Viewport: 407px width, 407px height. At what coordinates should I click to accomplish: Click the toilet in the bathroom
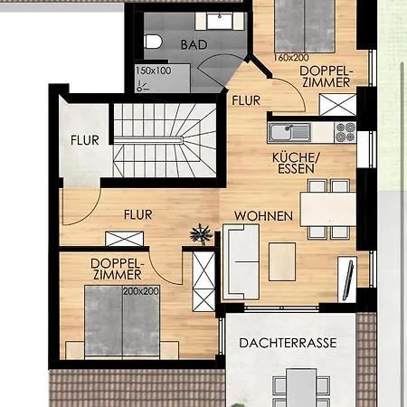click(x=153, y=42)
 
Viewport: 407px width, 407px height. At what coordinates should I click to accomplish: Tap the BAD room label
click(x=194, y=45)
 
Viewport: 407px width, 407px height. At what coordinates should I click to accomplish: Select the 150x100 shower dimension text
click(x=154, y=71)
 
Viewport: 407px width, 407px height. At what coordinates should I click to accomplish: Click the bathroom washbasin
click(x=220, y=21)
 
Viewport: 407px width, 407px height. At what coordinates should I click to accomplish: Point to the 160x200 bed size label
click(x=291, y=58)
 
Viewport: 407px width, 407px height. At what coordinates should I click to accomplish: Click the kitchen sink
click(x=289, y=132)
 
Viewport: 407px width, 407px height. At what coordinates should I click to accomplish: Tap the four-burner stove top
click(x=345, y=132)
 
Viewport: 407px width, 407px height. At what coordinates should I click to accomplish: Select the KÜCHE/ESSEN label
click(x=296, y=163)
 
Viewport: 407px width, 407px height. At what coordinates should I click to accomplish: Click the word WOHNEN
click(x=264, y=216)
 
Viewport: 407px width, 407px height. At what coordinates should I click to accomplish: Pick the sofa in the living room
click(x=241, y=261)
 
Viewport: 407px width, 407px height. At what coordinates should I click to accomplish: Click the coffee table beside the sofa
click(x=282, y=261)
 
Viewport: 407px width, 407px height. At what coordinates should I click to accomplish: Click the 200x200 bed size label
click(x=141, y=291)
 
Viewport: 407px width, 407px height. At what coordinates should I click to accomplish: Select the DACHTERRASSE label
click(x=288, y=343)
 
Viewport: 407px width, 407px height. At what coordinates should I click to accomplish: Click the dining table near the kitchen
click(x=328, y=209)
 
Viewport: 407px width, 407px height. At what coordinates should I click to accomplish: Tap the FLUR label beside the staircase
click(x=85, y=140)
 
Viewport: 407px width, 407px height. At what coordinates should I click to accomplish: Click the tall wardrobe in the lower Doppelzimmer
click(x=203, y=281)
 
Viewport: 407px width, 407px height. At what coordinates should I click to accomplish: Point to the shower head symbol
click(x=142, y=86)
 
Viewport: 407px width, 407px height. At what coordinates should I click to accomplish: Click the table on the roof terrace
click(x=301, y=387)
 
